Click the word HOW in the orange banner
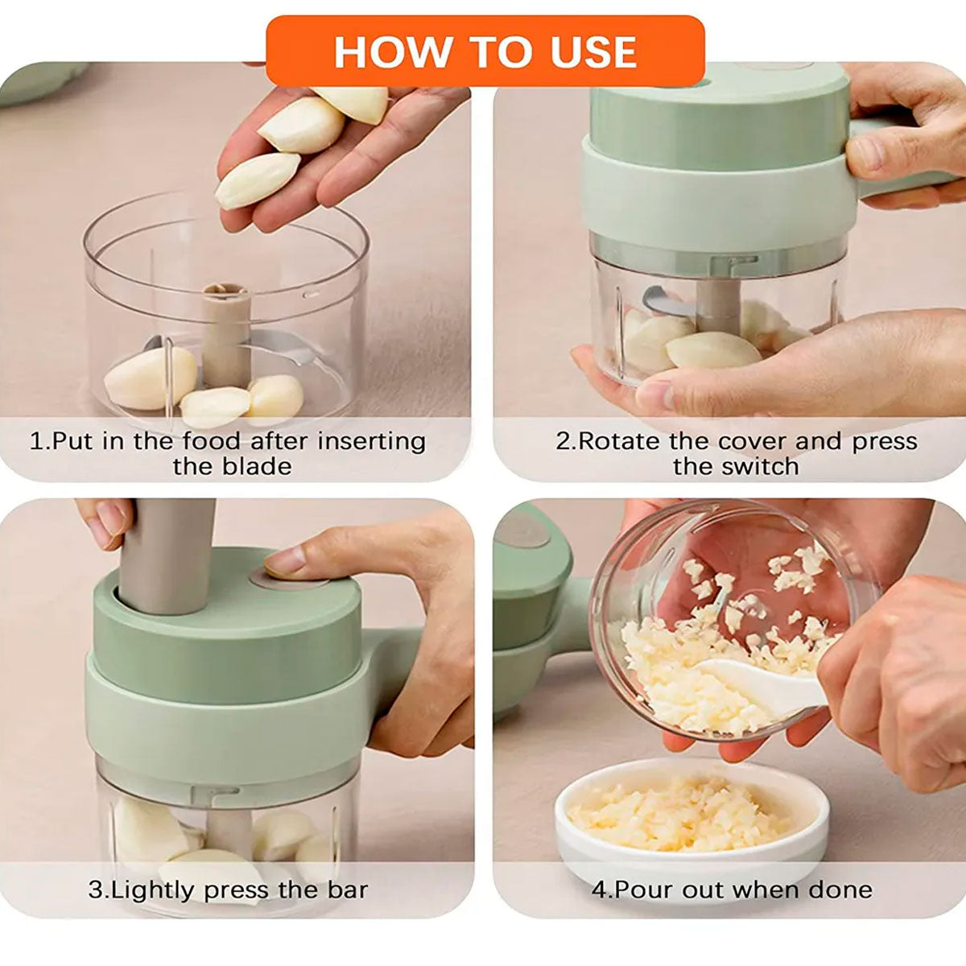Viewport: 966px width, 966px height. click(393, 52)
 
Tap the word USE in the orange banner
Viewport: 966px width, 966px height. click(594, 52)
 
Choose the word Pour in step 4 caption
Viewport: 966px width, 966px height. click(646, 890)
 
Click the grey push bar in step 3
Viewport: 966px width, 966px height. click(167, 555)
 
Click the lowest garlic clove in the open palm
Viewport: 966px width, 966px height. click(257, 180)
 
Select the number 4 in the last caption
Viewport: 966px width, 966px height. click(599, 890)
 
